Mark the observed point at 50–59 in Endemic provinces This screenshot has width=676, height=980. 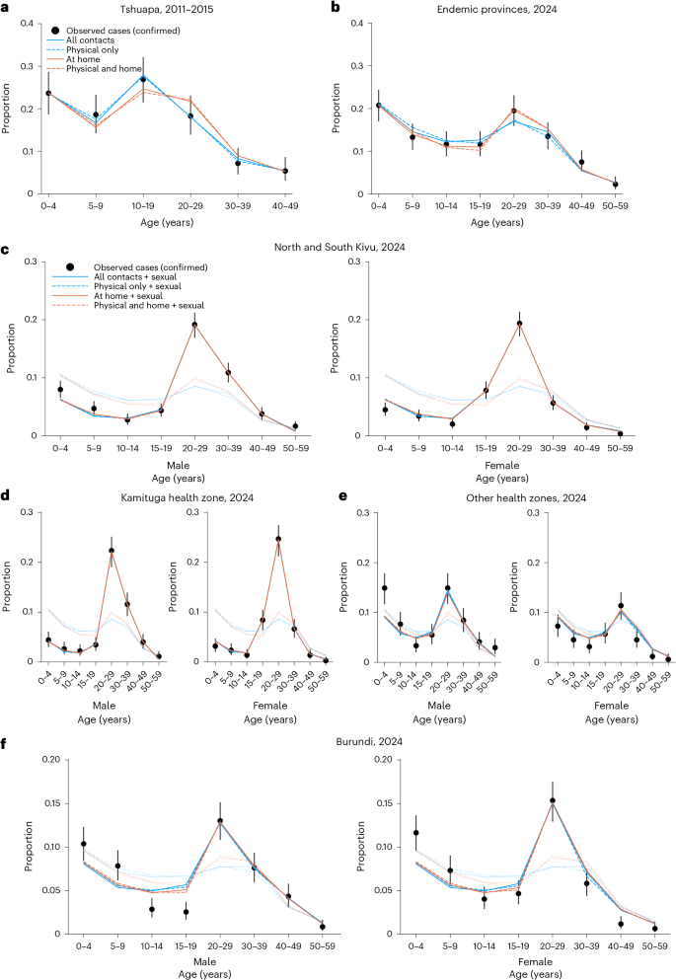(x=615, y=185)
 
